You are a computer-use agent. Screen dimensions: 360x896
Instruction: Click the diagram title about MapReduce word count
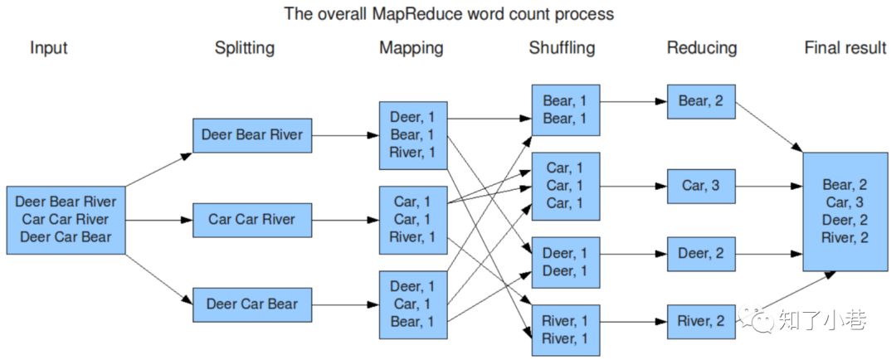pyautogui.click(x=449, y=14)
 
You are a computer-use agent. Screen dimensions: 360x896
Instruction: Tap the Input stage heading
pyautogui.click(x=48, y=48)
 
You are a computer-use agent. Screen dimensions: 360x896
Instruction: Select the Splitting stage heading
pyautogui.click(x=244, y=48)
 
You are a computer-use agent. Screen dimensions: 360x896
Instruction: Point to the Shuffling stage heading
pyautogui.click(x=562, y=48)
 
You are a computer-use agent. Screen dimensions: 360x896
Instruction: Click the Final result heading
pyautogui.click(x=845, y=48)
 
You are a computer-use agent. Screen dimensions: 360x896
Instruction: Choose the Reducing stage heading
pyautogui.click(x=701, y=48)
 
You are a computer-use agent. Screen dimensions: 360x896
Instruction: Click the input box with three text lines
pyautogui.click(x=66, y=220)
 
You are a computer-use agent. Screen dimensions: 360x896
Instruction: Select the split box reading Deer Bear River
pyautogui.click(x=252, y=135)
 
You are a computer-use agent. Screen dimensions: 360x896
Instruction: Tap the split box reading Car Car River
pyautogui.click(x=252, y=220)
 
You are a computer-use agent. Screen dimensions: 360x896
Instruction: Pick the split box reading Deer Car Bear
pyautogui.click(x=252, y=304)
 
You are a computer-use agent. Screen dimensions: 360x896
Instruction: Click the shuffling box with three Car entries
pyautogui.click(x=565, y=186)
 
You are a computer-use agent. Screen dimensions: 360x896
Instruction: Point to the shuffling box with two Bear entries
pyautogui.click(x=565, y=109)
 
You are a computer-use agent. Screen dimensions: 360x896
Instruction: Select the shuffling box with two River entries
pyautogui.click(x=565, y=330)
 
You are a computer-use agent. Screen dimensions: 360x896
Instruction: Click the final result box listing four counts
pyautogui.click(x=844, y=212)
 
